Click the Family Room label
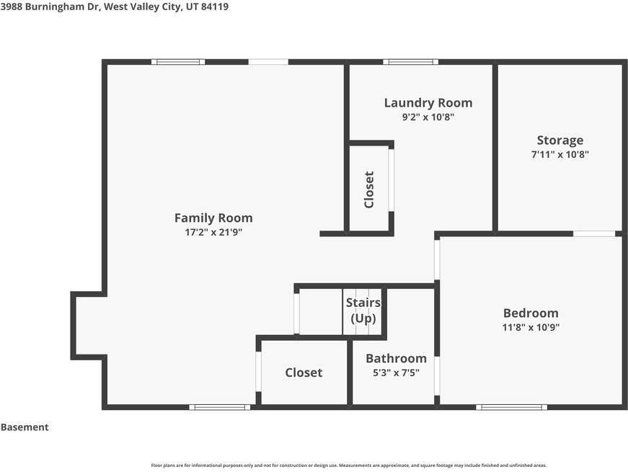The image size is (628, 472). coord(213,218)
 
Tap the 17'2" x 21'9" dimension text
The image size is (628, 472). coord(213,232)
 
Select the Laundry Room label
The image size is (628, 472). coord(428,103)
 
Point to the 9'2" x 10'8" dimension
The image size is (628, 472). coord(428,117)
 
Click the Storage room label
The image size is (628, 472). coord(560,141)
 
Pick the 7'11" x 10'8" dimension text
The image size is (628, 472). coord(560,154)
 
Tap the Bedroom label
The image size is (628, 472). coord(531,313)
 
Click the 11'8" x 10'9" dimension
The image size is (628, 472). coord(531,327)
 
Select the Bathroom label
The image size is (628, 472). coord(396,358)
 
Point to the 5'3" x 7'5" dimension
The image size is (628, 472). coord(396,373)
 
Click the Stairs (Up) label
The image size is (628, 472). coord(363,311)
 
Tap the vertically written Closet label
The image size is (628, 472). coord(369,190)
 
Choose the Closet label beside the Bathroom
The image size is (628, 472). coord(304,373)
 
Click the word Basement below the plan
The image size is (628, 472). coord(25,427)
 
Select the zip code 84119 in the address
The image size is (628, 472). coord(215,6)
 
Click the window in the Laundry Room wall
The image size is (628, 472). coord(410,62)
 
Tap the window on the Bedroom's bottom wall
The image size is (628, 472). coord(511,407)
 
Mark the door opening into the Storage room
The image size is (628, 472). coord(594,233)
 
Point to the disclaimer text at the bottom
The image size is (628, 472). coord(348,466)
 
